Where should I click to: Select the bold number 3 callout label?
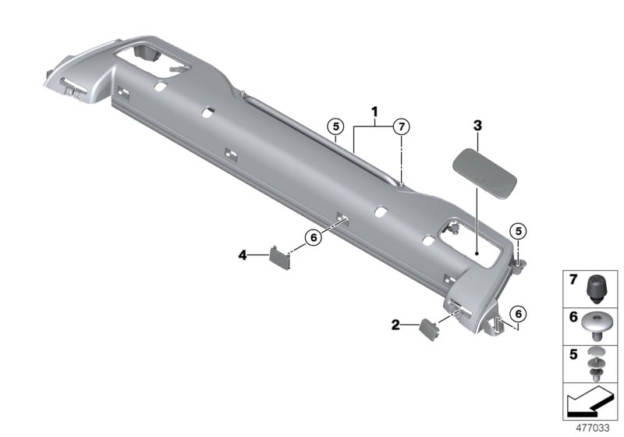477,125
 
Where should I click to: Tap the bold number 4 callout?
243,254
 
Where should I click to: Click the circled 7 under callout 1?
399,126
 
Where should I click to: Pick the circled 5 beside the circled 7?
335,126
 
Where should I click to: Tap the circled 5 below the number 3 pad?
517,230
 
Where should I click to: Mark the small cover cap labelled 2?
430,328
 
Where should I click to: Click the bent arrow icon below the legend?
590,403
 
